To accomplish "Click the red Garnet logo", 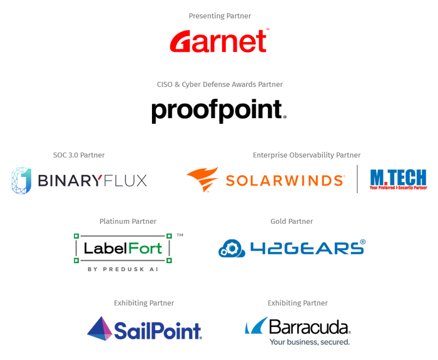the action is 219,41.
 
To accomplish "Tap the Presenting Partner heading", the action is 220,16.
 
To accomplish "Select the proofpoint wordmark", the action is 219,111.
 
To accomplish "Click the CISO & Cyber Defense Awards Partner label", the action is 220,84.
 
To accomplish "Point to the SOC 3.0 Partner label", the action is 79,155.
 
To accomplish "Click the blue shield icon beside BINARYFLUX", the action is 21,181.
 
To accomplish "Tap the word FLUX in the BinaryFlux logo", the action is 125,181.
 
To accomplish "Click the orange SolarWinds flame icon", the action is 203,179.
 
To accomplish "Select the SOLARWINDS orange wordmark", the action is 285,181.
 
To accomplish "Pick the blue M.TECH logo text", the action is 399,177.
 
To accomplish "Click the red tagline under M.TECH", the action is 399,188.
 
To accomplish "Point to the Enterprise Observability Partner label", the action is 307,155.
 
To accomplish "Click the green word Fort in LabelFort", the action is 145,248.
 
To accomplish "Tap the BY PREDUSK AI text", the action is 123,269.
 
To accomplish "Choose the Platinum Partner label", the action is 128,221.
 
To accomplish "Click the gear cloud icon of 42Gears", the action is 232,248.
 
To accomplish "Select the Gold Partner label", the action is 292,221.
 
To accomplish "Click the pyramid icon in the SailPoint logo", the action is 99,329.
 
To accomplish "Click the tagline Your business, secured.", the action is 310,342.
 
